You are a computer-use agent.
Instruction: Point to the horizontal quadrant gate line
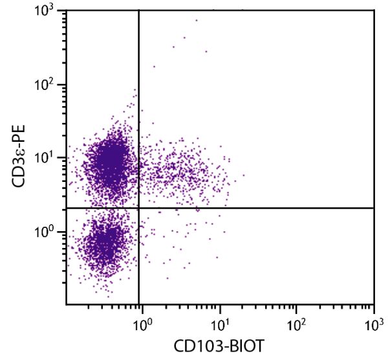(x=259, y=208)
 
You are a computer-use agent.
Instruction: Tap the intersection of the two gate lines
(x=139, y=208)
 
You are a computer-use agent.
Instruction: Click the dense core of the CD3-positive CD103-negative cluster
(x=111, y=157)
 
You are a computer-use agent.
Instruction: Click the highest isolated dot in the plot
(x=197, y=20)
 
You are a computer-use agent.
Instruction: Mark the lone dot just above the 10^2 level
(x=154, y=66)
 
